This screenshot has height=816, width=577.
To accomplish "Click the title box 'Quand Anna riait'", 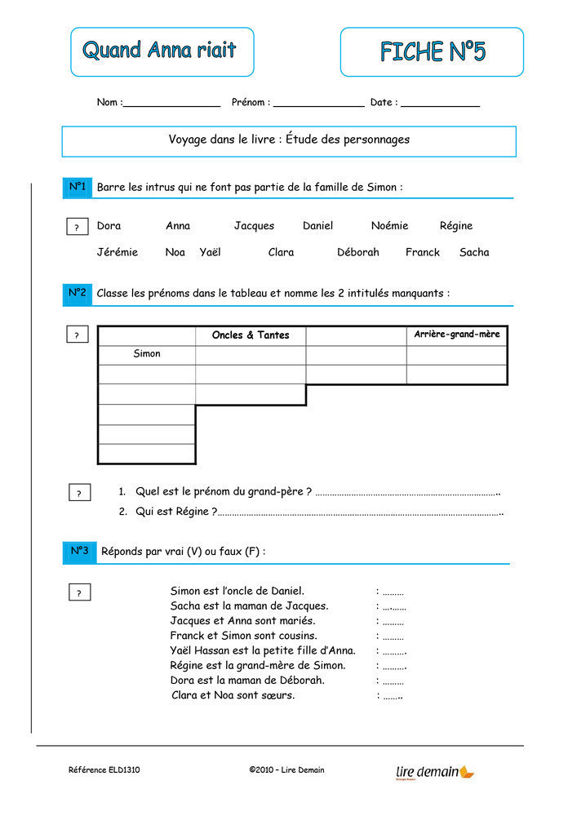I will tap(162, 51).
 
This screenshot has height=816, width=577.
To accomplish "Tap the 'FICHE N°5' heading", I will tap(432, 51).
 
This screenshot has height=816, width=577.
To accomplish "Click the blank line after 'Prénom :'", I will tap(318, 104).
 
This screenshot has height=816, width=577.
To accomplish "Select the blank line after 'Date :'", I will tap(440, 104).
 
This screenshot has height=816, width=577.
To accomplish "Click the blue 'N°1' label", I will tap(78, 188).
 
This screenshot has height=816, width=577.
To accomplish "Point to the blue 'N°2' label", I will tap(78, 293).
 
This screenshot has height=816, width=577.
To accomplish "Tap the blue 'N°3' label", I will tap(79, 552).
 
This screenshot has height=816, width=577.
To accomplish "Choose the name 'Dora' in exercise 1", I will tap(109, 226).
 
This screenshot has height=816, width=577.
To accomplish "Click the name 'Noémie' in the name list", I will tap(389, 226).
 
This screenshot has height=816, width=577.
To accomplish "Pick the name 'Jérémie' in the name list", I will tap(118, 252).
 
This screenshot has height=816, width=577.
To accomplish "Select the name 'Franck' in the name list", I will tap(422, 252).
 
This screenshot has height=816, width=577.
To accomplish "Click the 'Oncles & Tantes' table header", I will tap(251, 335).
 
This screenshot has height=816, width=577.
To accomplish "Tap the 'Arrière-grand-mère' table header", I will tap(456, 335).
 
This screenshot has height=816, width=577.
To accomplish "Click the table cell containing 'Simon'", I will tap(147, 354).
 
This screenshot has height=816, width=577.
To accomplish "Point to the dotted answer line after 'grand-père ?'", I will tap(406, 493).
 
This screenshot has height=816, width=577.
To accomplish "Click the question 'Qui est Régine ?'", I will tap(176, 512).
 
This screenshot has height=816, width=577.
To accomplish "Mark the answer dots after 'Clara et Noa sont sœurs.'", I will tap(393, 696).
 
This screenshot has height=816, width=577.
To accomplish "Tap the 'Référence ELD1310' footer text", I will tap(104, 770).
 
